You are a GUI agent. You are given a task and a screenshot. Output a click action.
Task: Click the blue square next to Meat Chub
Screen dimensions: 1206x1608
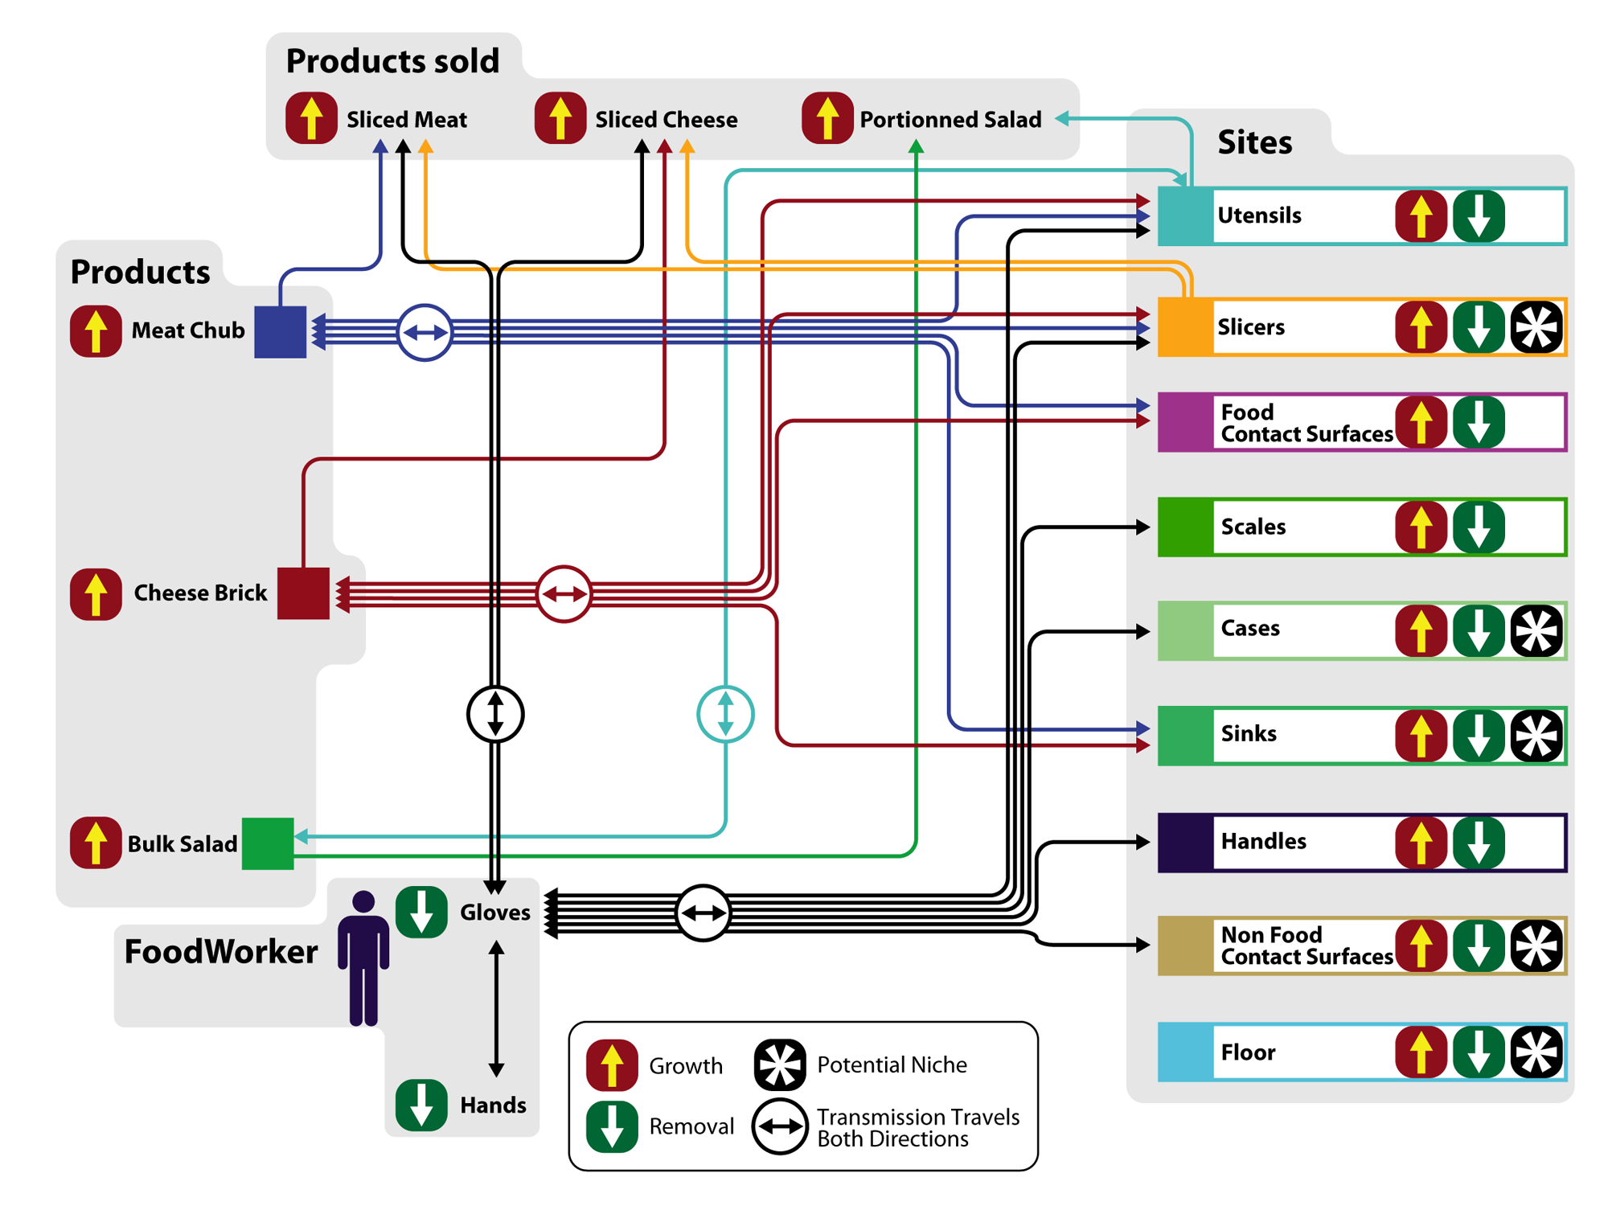[280, 331]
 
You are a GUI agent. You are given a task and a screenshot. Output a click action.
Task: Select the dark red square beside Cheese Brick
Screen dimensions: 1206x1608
[303, 593]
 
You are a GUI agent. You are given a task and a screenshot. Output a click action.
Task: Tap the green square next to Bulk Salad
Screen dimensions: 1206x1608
[268, 843]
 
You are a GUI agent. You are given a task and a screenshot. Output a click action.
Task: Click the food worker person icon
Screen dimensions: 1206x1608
[363, 957]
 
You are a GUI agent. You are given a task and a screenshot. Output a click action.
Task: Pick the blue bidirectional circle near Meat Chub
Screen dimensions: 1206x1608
[425, 332]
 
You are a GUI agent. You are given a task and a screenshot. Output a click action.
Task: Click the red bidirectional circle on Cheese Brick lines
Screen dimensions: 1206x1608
[564, 594]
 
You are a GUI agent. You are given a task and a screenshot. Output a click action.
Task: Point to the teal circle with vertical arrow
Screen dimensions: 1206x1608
[725, 714]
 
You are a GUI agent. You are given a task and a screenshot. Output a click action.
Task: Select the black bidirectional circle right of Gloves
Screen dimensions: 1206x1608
[703, 913]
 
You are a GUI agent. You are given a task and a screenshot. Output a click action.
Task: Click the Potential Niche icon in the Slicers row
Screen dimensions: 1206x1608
[1536, 327]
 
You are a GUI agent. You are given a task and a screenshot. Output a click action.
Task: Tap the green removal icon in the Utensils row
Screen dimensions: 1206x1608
[1479, 216]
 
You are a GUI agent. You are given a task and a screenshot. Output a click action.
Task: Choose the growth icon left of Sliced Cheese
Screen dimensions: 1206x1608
[560, 118]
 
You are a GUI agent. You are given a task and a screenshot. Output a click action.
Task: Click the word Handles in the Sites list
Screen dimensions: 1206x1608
[1263, 842]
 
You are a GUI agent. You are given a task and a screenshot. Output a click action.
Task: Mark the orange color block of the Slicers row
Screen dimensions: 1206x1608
[1185, 327]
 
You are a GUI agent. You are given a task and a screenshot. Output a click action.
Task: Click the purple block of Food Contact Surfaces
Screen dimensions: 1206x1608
[1185, 422]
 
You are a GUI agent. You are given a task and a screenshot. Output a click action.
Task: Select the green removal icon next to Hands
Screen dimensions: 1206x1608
[421, 1105]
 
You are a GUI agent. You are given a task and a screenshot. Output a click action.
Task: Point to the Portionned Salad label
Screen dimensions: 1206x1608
[950, 120]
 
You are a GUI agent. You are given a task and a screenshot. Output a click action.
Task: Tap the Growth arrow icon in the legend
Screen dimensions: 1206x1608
[612, 1065]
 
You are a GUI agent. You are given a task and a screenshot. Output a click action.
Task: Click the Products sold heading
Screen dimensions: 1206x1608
[392, 61]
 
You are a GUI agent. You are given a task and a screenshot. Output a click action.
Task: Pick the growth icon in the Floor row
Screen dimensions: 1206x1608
[1421, 1052]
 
